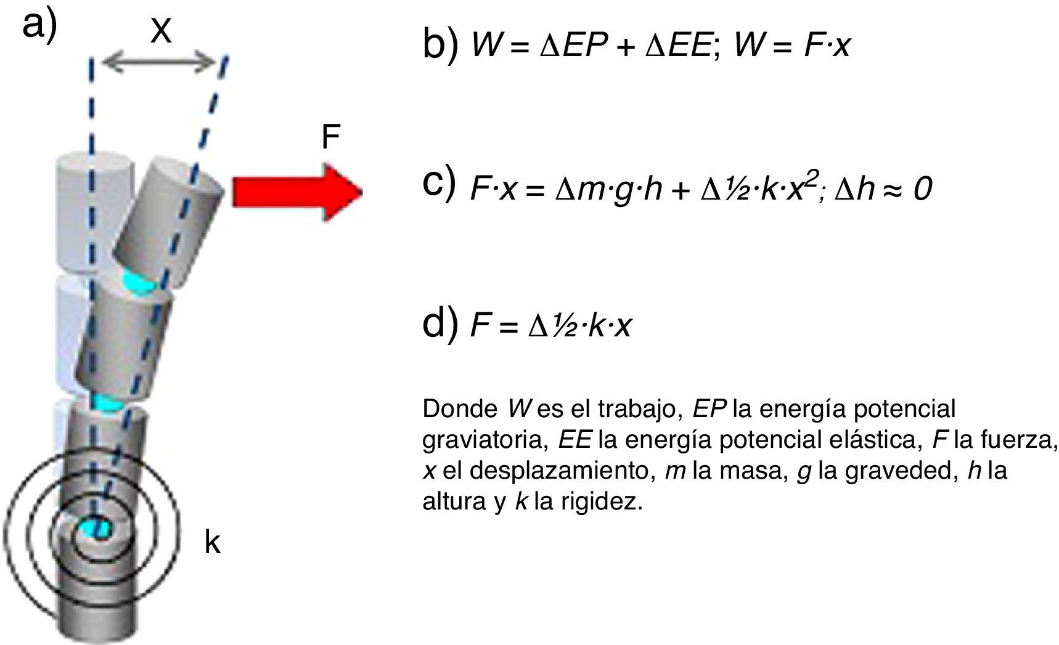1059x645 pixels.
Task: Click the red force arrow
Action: tap(296, 192)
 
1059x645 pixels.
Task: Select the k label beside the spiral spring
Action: tap(212, 543)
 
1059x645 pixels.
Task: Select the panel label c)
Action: tap(439, 183)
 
